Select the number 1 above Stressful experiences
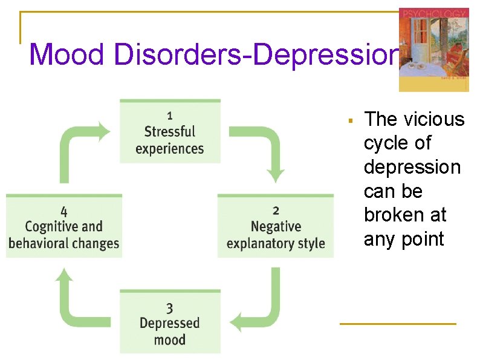click(x=170, y=115)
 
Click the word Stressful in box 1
click(x=170, y=131)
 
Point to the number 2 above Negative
click(x=276, y=211)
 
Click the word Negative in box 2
click(x=276, y=227)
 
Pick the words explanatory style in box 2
click(x=276, y=244)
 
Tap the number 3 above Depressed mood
click(x=170, y=309)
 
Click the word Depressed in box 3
click(x=170, y=323)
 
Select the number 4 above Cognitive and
click(x=64, y=211)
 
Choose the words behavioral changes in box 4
click(x=64, y=244)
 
